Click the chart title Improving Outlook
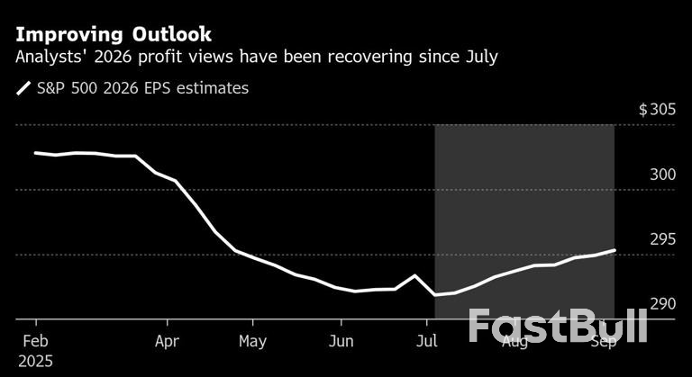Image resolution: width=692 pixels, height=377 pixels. click(x=113, y=35)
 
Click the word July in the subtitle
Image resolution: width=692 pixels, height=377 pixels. click(x=478, y=58)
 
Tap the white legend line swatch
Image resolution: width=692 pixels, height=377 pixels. click(x=23, y=88)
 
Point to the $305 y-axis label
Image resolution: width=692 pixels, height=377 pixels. click(x=657, y=110)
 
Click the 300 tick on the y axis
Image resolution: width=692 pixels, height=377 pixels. click(x=662, y=175)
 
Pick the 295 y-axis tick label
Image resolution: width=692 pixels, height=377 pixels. click(x=662, y=239)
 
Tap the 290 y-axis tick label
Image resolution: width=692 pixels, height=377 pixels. click(x=662, y=304)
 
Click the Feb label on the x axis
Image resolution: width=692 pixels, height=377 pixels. click(x=36, y=342)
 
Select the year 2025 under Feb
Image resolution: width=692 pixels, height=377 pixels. click(x=34, y=361)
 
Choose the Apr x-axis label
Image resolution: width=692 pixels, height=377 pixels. click(x=168, y=342)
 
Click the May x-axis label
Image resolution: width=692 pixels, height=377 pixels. click(x=252, y=342)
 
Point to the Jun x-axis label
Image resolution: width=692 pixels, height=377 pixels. click(x=341, y=342)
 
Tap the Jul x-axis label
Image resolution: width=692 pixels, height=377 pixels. click(x=427, y=342)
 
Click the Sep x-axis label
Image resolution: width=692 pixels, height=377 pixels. click(x=602, y=342)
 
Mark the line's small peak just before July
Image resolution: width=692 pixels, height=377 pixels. click(x=414, y=275)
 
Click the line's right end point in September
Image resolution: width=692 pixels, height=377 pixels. click(x=615, y=250)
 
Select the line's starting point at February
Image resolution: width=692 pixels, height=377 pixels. click(x=35, y=153)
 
